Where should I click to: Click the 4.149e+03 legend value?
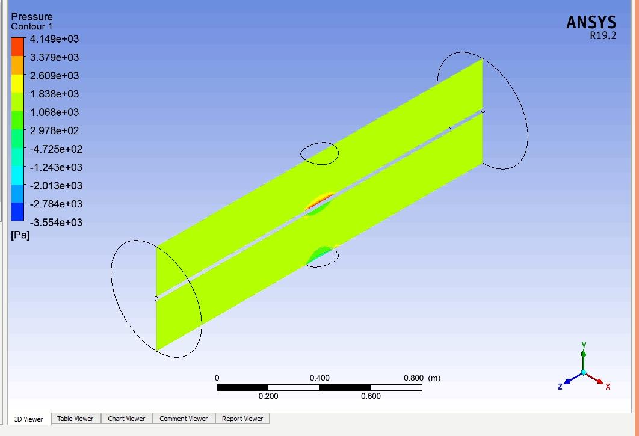(54, 39)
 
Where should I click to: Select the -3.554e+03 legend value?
(56, 223)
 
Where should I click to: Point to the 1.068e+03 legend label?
(54, 112)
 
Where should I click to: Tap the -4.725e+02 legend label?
(56, 149)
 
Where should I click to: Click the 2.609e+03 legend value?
(54, 76)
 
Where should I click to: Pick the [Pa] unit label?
(20, 236)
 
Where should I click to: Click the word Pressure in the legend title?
(32, 17)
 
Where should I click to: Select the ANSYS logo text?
(591, 22)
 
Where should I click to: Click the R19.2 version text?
(603, 36)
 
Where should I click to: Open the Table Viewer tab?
(75, 419)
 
